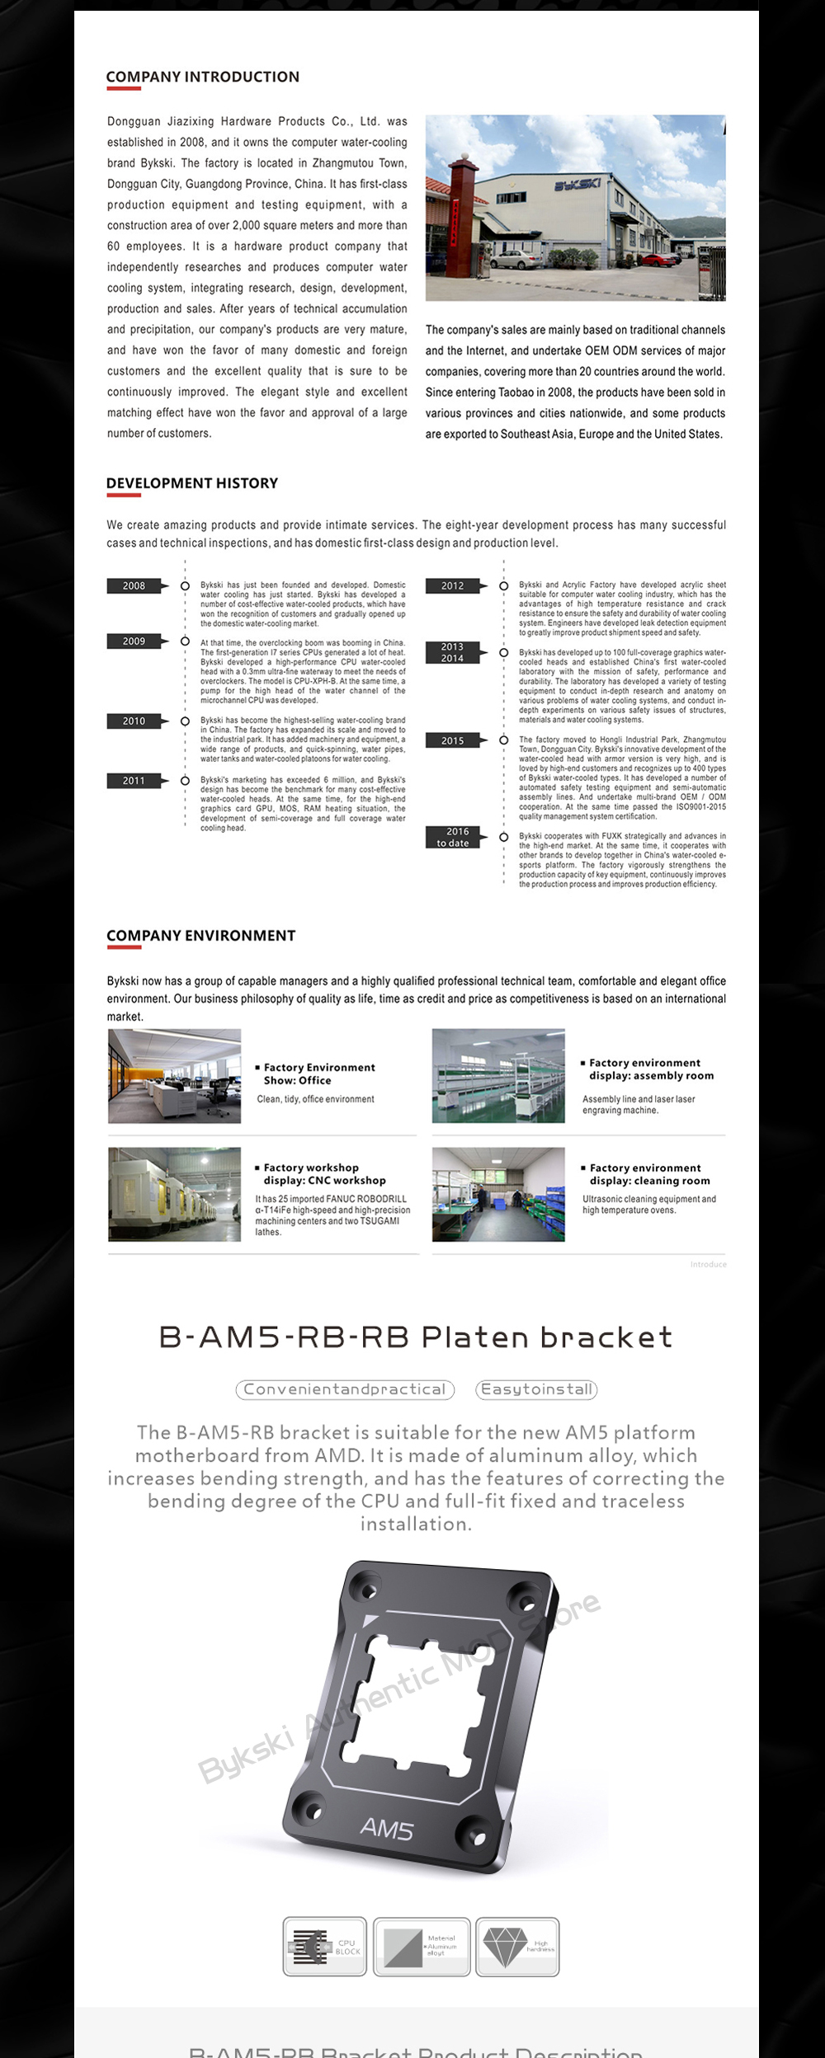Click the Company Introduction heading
[x=203, y=77]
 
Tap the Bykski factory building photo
[x=575, y=208]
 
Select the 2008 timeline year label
[x=134, y=586]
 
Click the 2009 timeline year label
[x=134, y=641]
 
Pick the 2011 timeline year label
[x=134, y=781]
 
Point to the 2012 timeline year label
[x=452, y=586]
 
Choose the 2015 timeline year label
[x=452, y=740]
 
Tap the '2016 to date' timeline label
[x=453, y=837]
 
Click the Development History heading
[x=192, y=483]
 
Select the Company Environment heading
[x=201, y=936]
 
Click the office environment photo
[x=175, y=1076]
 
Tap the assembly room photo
[x=498, y=1076]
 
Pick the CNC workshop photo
[x=175, y=1194]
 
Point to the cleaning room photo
[x=498, y=1194]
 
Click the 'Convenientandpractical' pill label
[x=345, y=1389]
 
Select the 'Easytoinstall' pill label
[x=537, y=1389]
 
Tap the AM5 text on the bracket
[x=387, y=1829]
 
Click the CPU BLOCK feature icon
[x=324, y=1946]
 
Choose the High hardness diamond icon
[x=517, y=1946]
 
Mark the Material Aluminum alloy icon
[x=422, y=1946]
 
